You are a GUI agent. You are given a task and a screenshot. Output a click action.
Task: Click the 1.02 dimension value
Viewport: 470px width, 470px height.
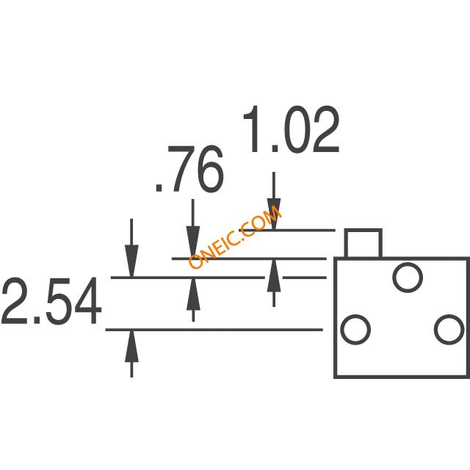[291, 129]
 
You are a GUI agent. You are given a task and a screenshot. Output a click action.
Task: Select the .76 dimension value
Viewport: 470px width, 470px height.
[189, 169]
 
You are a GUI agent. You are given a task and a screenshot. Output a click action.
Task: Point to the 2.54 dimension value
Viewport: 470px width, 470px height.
[51, 300]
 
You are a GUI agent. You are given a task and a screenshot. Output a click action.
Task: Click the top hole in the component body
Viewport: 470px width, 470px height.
[408, 278]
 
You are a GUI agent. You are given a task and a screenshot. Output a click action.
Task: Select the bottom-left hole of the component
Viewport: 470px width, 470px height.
[355, 329]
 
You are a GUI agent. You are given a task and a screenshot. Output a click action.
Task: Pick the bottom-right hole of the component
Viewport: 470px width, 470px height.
[449, 329]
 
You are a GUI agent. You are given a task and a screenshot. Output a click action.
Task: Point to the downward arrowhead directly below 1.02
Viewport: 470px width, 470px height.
[274, 214]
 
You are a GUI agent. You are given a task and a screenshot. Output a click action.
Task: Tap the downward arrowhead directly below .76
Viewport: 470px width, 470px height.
[193, 242]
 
